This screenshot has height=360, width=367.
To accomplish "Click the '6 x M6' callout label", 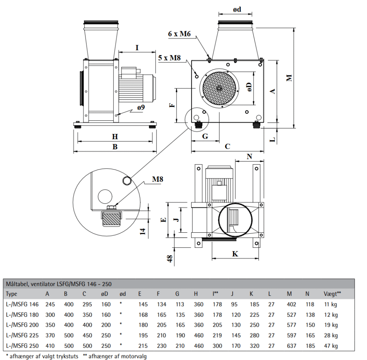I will (180, 33).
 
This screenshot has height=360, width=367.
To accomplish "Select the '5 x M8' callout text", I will (170, 58).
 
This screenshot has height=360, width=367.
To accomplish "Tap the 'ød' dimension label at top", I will (237, 10).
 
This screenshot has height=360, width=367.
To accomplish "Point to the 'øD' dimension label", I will (249, 87).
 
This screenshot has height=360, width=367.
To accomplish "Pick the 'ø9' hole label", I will (141, 108).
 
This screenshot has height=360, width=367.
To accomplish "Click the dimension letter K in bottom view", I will (235, 254).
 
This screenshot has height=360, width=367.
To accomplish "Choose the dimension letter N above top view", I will (250, 156).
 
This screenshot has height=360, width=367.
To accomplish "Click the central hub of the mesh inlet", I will (219, 88).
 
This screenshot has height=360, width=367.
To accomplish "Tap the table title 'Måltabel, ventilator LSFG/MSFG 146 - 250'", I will (59, 284).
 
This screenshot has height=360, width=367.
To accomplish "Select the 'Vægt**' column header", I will (332, 294).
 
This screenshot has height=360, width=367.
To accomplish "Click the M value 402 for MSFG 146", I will (292, 304).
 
